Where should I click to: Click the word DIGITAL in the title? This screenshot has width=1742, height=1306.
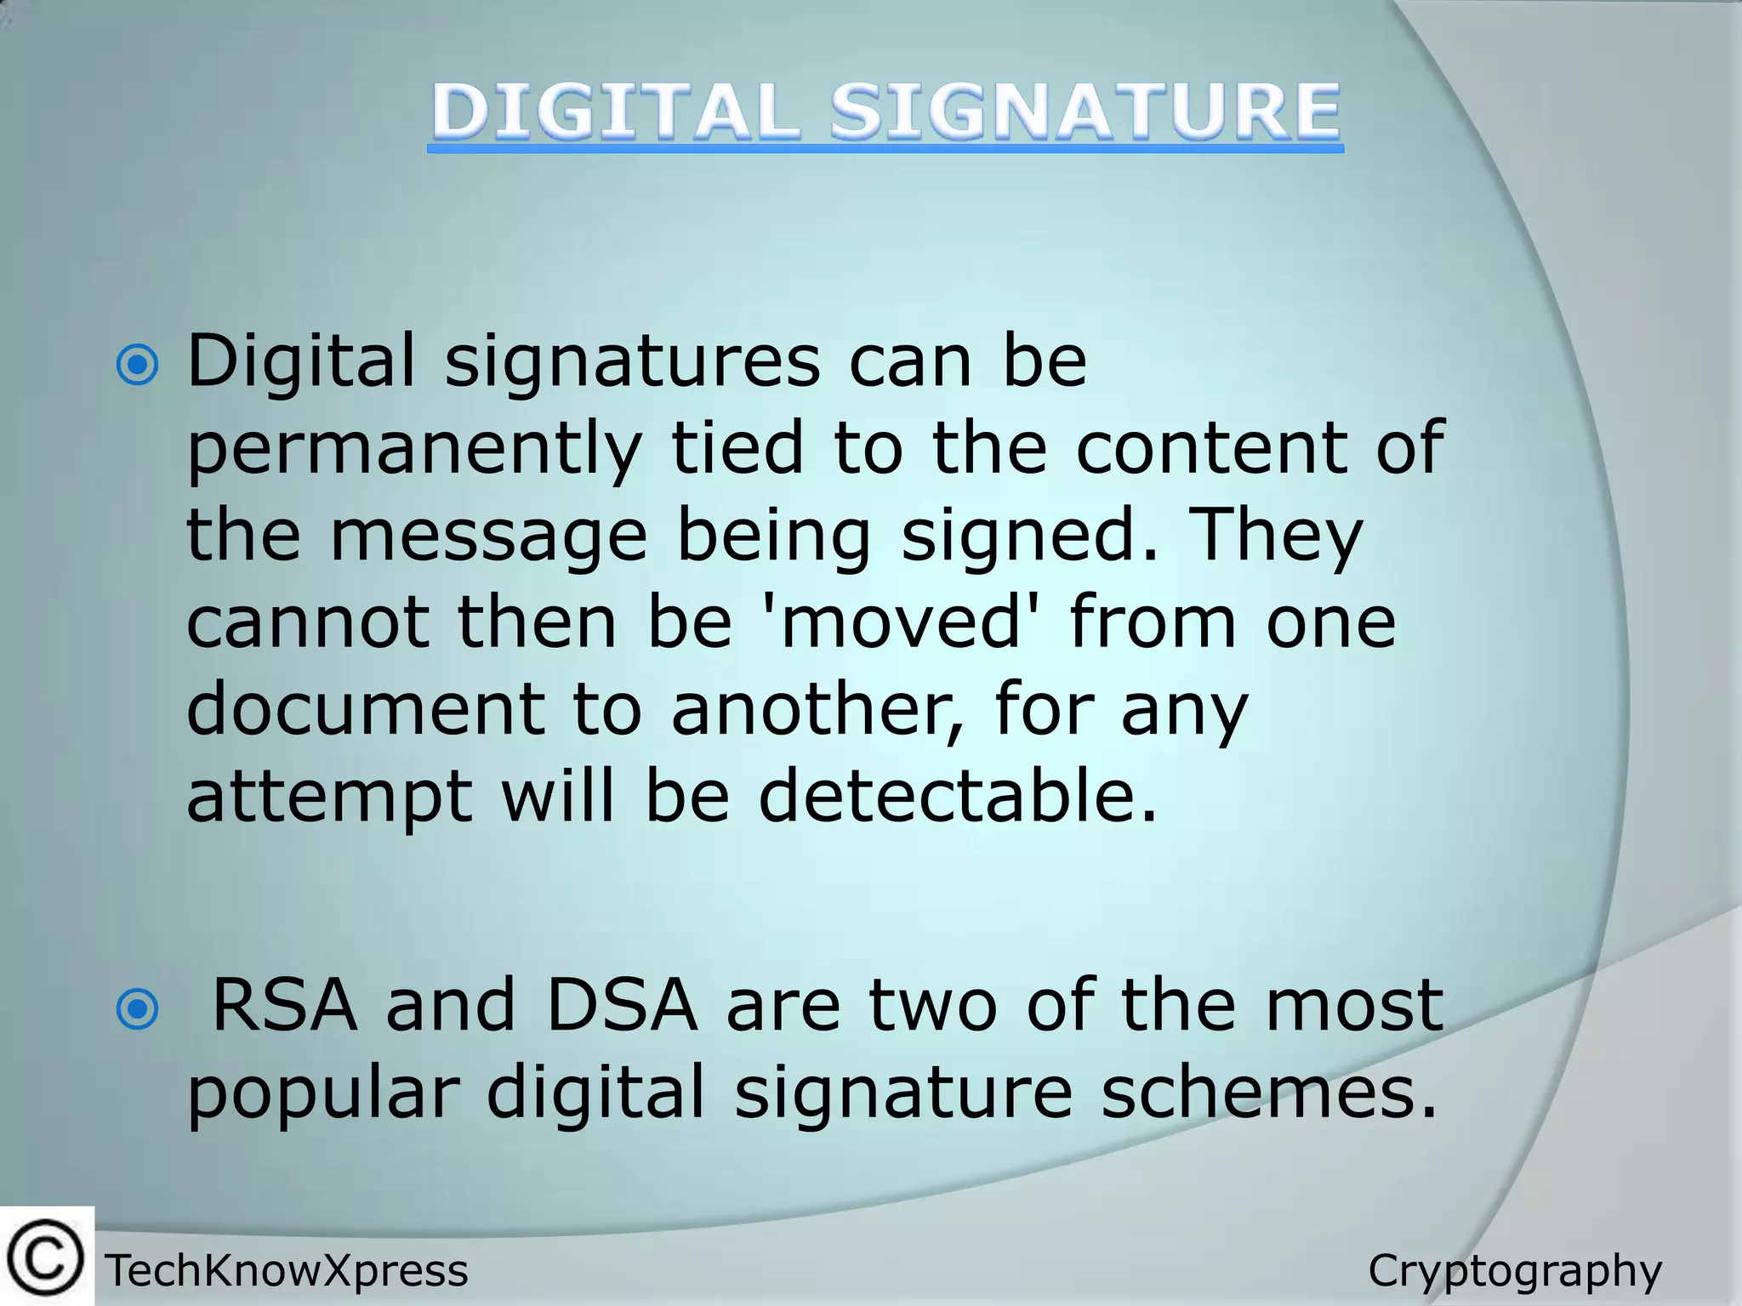tap(615, 111)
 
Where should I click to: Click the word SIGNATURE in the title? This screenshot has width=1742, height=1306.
tap(1085, 111)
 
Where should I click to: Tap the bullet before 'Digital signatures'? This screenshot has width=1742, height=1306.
tap(138, 366)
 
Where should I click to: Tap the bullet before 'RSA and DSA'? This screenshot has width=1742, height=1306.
tap(138, 1009)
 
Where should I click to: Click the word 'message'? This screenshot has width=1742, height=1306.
tap(488, 537)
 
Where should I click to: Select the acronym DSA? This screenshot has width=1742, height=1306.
tap(621, 1005)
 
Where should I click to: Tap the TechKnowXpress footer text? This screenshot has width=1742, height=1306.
tap(287, 1271)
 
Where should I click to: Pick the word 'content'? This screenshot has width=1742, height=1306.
tap(1211, 449)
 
